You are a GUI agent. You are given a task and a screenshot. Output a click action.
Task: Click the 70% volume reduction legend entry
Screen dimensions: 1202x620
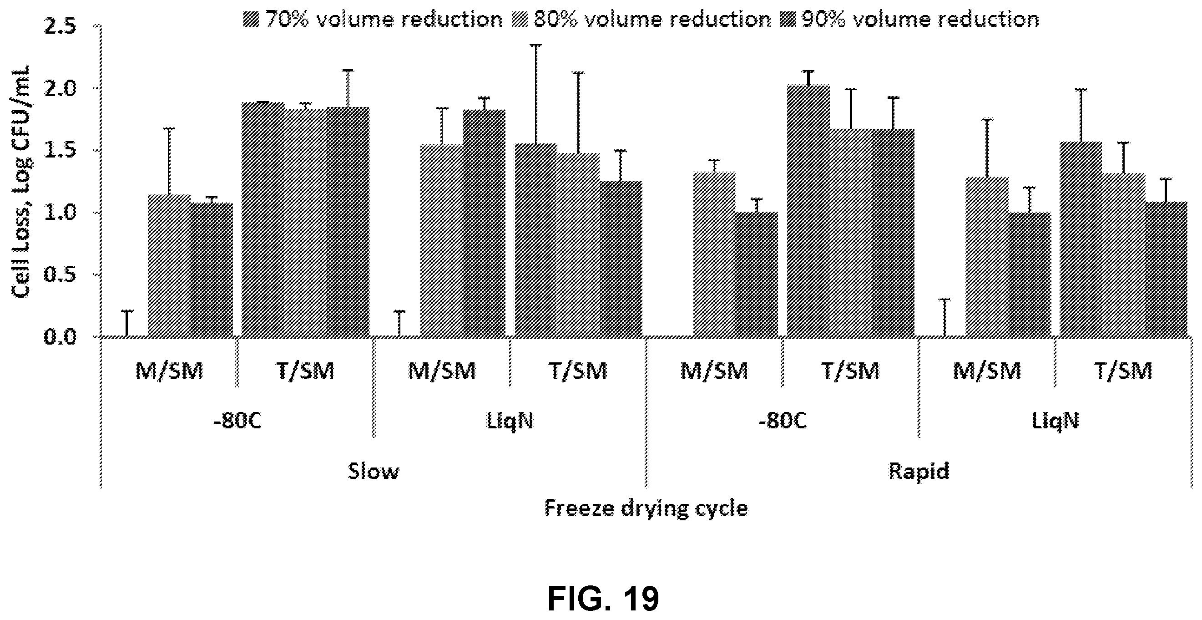click(373, 20)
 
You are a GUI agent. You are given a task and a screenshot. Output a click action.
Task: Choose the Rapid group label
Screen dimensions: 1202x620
click(918, 472)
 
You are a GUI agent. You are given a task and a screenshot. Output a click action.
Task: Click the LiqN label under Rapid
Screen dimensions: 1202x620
click(1055, 422)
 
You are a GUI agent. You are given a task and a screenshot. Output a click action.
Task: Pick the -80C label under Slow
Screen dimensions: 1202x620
click(237, 422)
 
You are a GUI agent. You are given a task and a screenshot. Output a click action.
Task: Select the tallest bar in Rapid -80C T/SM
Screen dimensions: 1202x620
click(808, 211)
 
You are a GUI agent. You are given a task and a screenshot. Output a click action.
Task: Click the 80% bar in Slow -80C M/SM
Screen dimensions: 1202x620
click(169, 266)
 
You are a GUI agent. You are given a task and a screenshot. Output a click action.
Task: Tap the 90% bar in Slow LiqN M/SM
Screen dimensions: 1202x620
click(485, 224)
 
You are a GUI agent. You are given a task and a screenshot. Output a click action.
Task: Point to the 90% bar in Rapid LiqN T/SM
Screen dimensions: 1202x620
click(1167, 270)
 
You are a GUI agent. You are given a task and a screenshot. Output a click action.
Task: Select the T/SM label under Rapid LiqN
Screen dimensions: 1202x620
click(1123, 371)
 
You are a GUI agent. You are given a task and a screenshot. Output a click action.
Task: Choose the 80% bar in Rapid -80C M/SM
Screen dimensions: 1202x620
click(714, 254)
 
